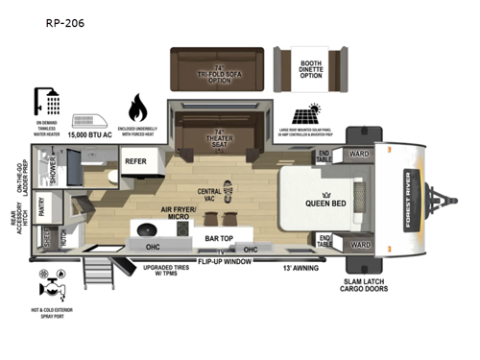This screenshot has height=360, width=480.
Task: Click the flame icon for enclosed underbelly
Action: (x=136, y=107)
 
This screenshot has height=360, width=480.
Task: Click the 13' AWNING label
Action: (x=299, y=267)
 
